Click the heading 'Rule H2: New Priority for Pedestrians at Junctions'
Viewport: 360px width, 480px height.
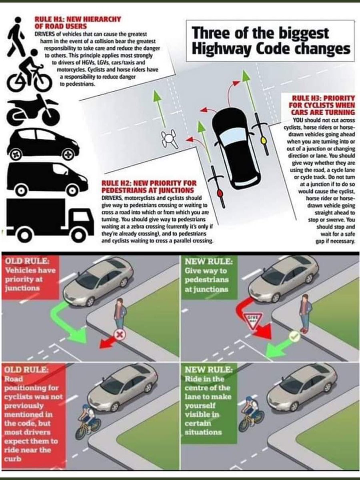click(x=148, y=186)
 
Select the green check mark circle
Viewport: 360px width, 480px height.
click(x=295, y=336)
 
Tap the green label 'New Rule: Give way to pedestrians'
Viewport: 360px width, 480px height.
click(x=208, y=276)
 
